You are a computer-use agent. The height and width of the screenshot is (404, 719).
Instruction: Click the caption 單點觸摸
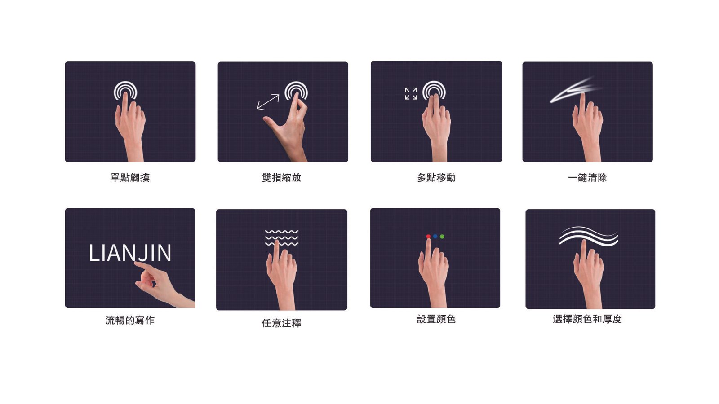130,177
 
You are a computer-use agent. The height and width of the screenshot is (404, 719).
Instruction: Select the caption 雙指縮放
281,177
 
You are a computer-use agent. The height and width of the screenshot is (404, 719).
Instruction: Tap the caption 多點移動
436,177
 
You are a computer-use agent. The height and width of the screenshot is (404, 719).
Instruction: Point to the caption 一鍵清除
587,177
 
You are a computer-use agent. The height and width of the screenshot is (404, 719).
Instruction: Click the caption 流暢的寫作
130,320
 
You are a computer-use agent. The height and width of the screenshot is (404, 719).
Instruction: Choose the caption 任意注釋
281,323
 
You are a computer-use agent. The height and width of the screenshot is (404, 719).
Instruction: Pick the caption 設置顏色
436,319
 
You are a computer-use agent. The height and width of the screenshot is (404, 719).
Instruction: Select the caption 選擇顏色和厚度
587,319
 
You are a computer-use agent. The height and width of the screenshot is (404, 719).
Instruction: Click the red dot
428,236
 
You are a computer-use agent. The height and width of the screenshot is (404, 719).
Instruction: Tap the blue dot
435,236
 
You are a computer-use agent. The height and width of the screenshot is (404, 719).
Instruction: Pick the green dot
442,236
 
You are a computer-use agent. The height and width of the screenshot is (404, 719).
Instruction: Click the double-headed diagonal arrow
268,102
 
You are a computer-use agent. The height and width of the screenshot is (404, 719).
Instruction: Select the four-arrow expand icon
411,93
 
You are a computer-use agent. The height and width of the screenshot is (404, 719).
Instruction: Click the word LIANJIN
130,253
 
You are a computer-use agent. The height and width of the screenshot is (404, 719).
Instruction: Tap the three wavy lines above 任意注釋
281,237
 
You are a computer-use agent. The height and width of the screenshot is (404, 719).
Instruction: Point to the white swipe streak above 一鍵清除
575,90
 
